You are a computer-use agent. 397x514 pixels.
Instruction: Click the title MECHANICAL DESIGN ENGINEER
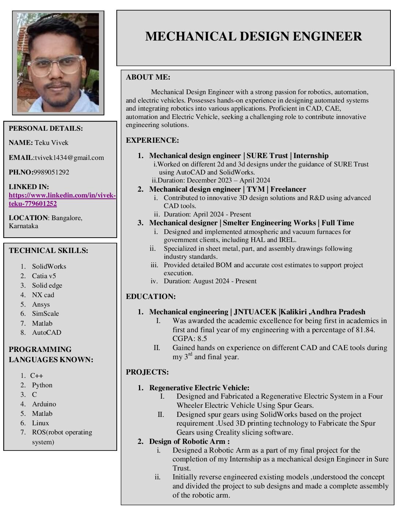tap(253, 37)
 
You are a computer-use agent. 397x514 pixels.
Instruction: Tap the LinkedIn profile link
tap(62, 199)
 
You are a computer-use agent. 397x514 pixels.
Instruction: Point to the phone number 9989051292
tap(51, 172)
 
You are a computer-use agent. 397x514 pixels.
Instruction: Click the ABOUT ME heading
tap(148, 77)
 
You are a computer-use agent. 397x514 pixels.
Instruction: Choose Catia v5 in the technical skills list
tap(44, 276)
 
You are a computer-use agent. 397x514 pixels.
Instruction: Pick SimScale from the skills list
tap(45, 314)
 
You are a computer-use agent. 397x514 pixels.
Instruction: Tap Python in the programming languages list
tap(42, 385)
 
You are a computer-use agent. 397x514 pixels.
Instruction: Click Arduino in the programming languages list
tap(44, 404)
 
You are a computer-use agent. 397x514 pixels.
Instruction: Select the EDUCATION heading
tap(151, 296)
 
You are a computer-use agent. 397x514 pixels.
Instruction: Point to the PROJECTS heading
tap(147, 372)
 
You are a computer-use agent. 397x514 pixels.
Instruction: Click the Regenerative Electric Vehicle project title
tap(199, 388)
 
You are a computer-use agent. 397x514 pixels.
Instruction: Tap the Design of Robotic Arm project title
tap(189, 441)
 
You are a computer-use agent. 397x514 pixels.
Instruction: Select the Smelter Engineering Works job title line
tap(251, 223)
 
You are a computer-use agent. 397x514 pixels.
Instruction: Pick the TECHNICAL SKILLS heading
tap(49, 251)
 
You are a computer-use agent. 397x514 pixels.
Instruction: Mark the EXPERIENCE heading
tap(153, 140)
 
